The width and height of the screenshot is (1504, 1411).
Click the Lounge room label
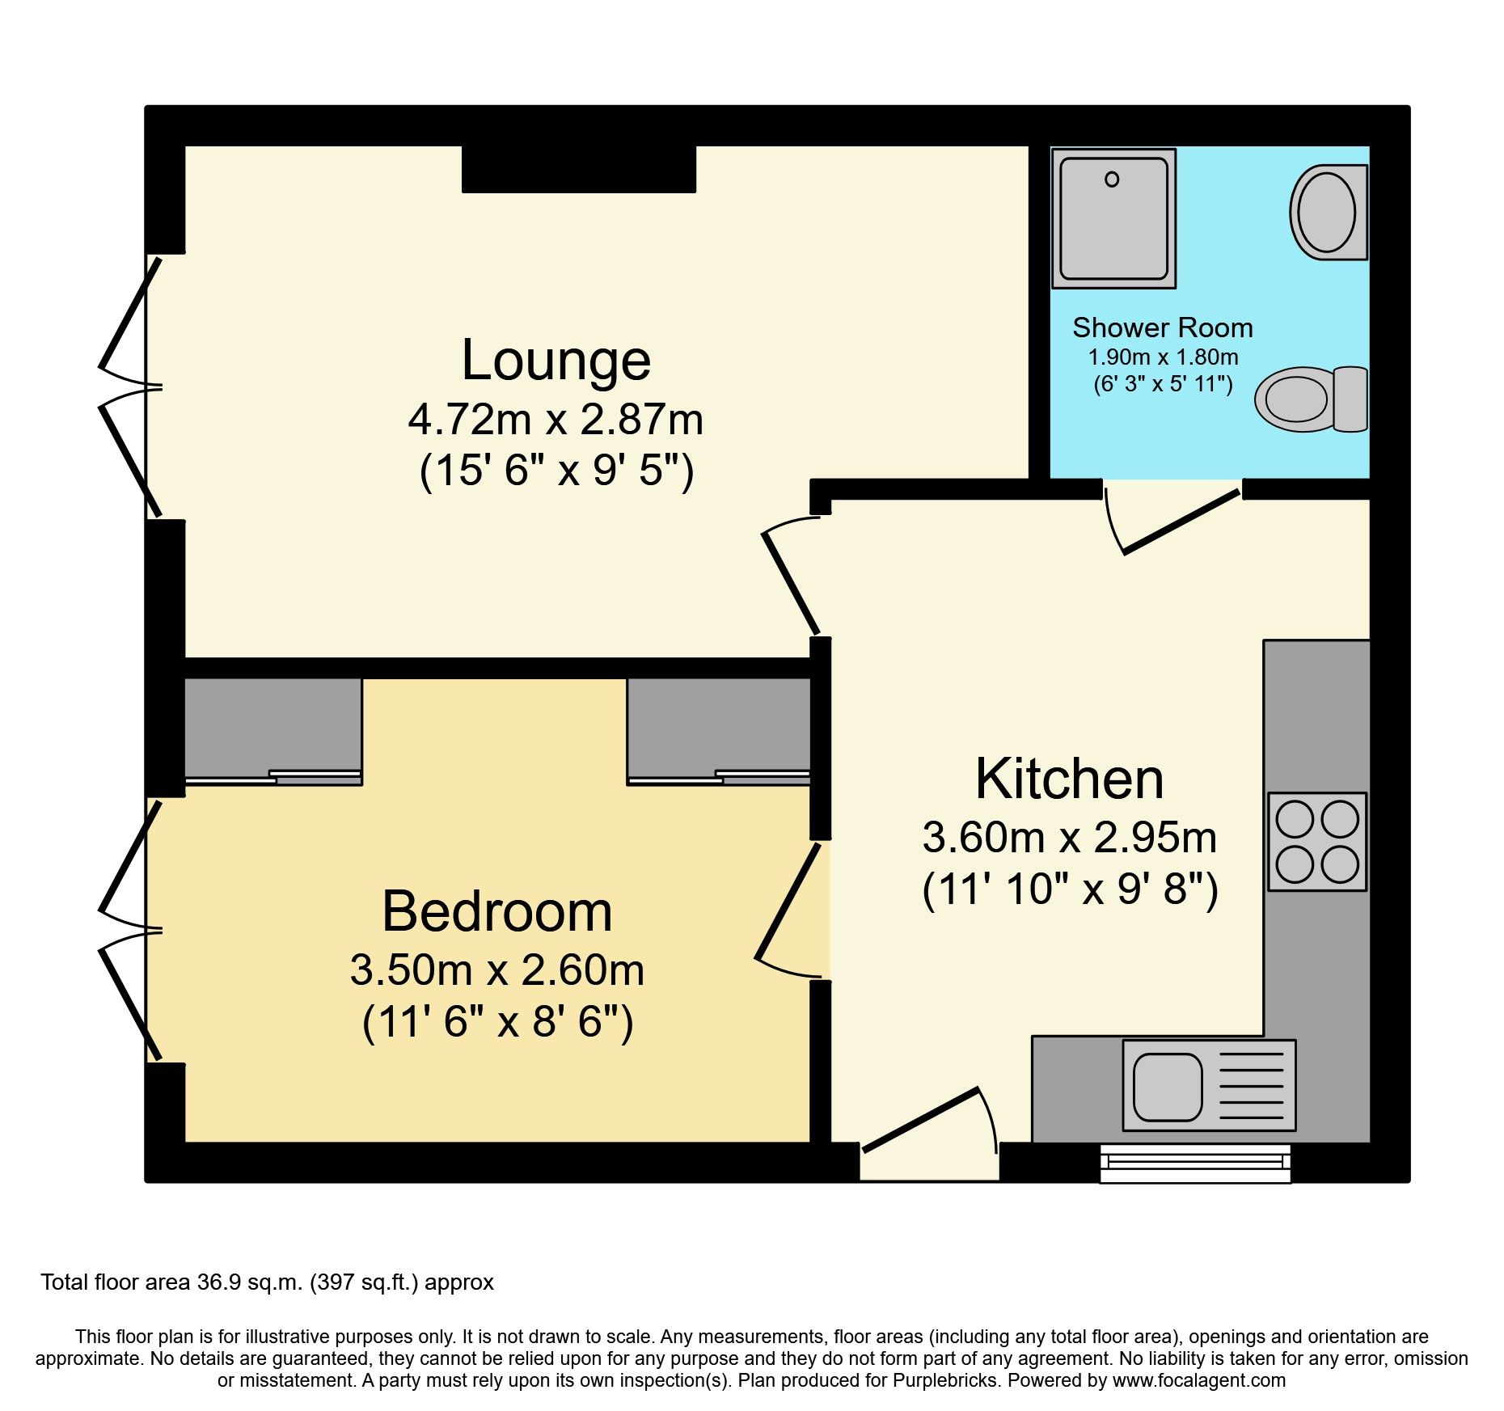click(x=556, y=361)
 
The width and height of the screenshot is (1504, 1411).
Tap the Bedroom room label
click(x=496, y=912)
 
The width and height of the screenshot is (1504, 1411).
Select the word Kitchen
click(x=1069, y=779)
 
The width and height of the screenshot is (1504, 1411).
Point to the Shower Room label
click(x=1162, y=328)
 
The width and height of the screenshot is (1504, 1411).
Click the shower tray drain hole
click(x=1112, y=180)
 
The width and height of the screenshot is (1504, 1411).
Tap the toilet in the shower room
click(x=1310, y=399)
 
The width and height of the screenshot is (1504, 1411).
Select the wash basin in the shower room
click(x=1327, y=213)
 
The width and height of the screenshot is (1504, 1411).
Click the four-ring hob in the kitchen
click(x=1316, y=842)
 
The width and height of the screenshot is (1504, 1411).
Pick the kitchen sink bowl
click(x=1167, y=1087)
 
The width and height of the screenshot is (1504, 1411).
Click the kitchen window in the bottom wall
click(x=1195, y=1163)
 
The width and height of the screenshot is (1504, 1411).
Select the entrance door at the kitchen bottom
click(x=922, y=1120)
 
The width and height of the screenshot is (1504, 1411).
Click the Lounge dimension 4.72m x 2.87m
click(x=556, y=420)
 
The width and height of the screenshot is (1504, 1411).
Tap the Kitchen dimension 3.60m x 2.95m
click(x=1069, y=838)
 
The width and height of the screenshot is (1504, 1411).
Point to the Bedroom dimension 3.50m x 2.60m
click(x=496, y=970)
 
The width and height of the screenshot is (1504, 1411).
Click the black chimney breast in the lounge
click(x=578, y=168)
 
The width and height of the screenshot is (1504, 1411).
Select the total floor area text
click(x=267, y=1282)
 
